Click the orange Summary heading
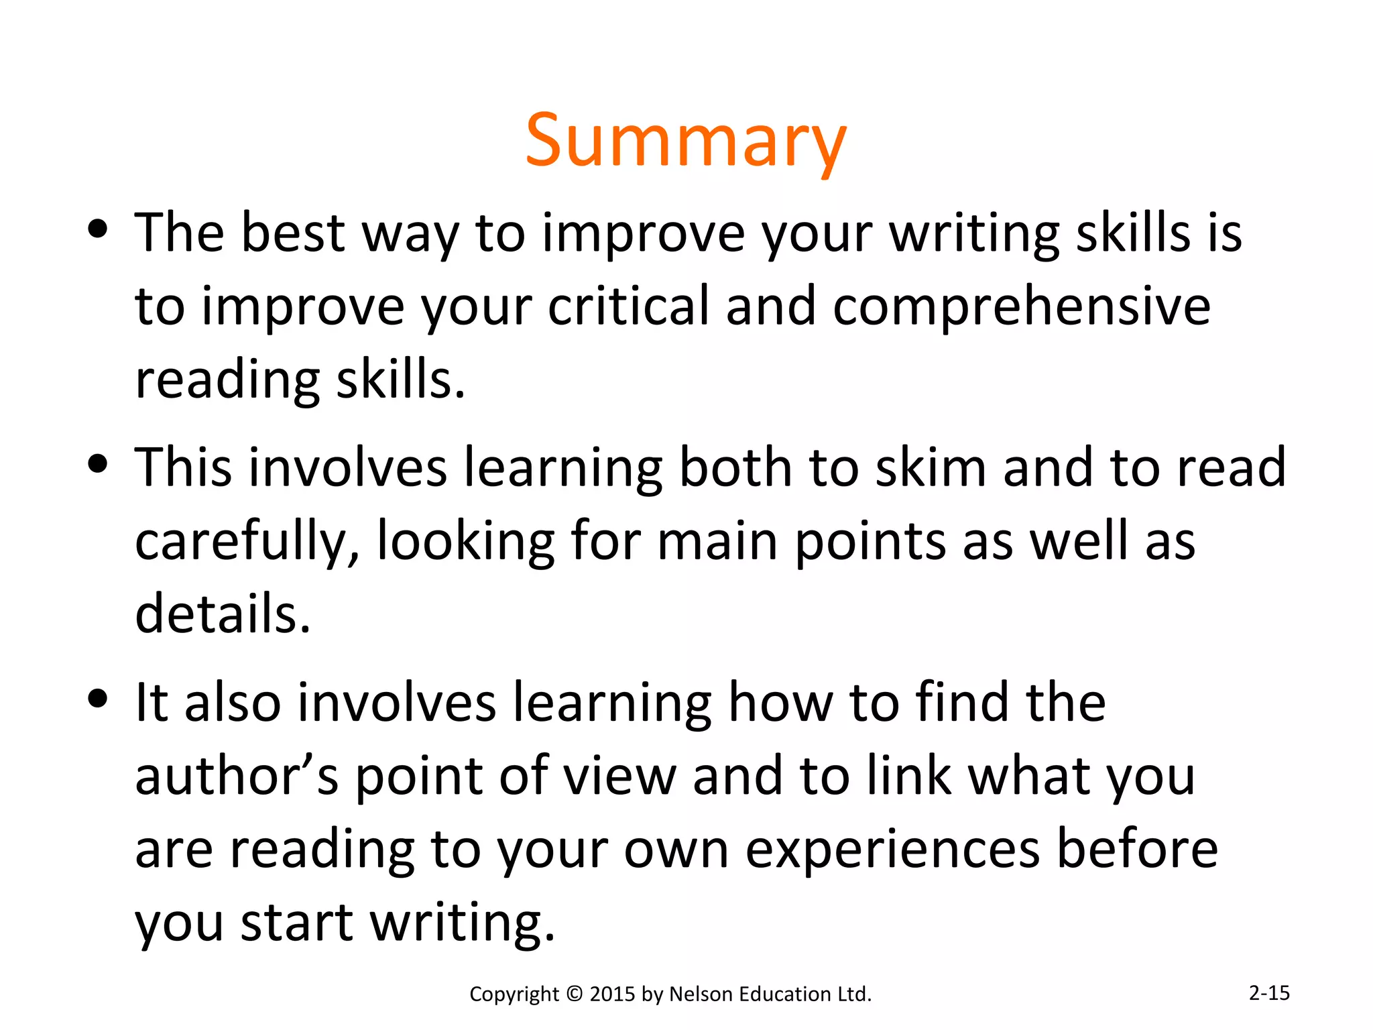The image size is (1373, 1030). tap(685, 141)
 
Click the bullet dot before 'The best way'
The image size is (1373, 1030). tap(98, 229)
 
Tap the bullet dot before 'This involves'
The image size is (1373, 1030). tap(98, 464)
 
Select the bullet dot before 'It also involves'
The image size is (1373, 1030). tap(98, 699)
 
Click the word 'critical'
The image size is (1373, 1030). tap(628, 306)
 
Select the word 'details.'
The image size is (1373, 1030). tap(223, 614)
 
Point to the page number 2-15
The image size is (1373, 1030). tap(1269, 992)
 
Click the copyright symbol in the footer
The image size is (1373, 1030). tap(574, 994)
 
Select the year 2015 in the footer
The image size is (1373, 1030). tap(612, 994)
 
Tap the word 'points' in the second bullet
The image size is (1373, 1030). tap(870, 542)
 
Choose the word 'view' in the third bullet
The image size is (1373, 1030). tap(619, 776)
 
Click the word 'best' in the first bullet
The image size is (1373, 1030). tap(292, 233)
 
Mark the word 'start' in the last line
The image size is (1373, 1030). tap(296, 923)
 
